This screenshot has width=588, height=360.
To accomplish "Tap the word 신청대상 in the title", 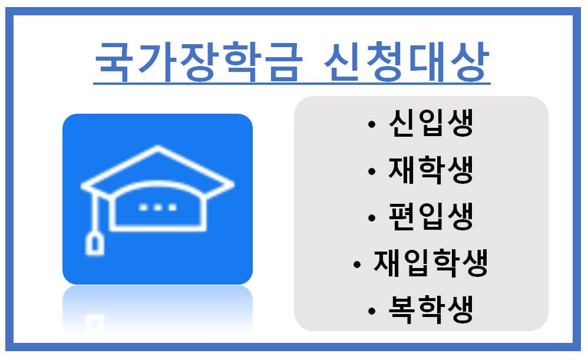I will (x=407, y=61).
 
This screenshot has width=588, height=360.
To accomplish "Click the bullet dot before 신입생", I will (x=371, y=125).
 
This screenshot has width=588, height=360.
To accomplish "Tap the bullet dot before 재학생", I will (x=371, y=171).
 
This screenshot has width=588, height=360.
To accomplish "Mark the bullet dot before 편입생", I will (x=371, y=218).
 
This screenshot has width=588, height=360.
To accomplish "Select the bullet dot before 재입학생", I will (x=356, y=265).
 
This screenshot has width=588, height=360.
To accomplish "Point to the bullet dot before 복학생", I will (x=371, y=311).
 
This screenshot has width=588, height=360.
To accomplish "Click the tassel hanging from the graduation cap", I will (x=94, y=242).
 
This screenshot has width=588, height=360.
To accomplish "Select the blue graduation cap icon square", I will (x=157, y=199).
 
